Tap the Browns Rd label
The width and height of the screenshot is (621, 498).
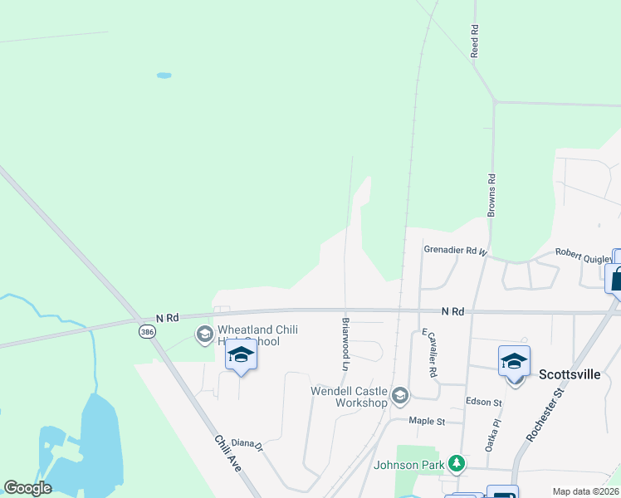tap(491, 196)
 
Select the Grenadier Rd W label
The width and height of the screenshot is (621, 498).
tap(455, 249)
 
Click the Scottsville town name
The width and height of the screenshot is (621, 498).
tap(570, 374)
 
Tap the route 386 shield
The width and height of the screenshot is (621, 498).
tap(146, 331)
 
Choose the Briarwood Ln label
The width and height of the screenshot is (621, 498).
tap(345, 343)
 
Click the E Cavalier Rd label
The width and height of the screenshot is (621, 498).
tap(429, 352)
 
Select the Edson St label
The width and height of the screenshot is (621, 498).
tap(486, 403)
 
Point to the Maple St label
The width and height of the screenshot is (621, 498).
tap(428, 421)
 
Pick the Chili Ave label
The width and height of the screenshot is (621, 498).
tap(227, 454)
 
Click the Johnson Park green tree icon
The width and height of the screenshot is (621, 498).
tap(454, 462)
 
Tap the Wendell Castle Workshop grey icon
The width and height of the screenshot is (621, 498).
tap(400, 395)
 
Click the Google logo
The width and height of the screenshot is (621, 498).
tap(28, 488)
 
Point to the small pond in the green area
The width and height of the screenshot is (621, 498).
tap(164, 76)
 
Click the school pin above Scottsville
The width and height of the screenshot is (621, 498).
tap(514, 363)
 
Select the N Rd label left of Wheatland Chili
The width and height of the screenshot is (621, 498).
tap(168, 318)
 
